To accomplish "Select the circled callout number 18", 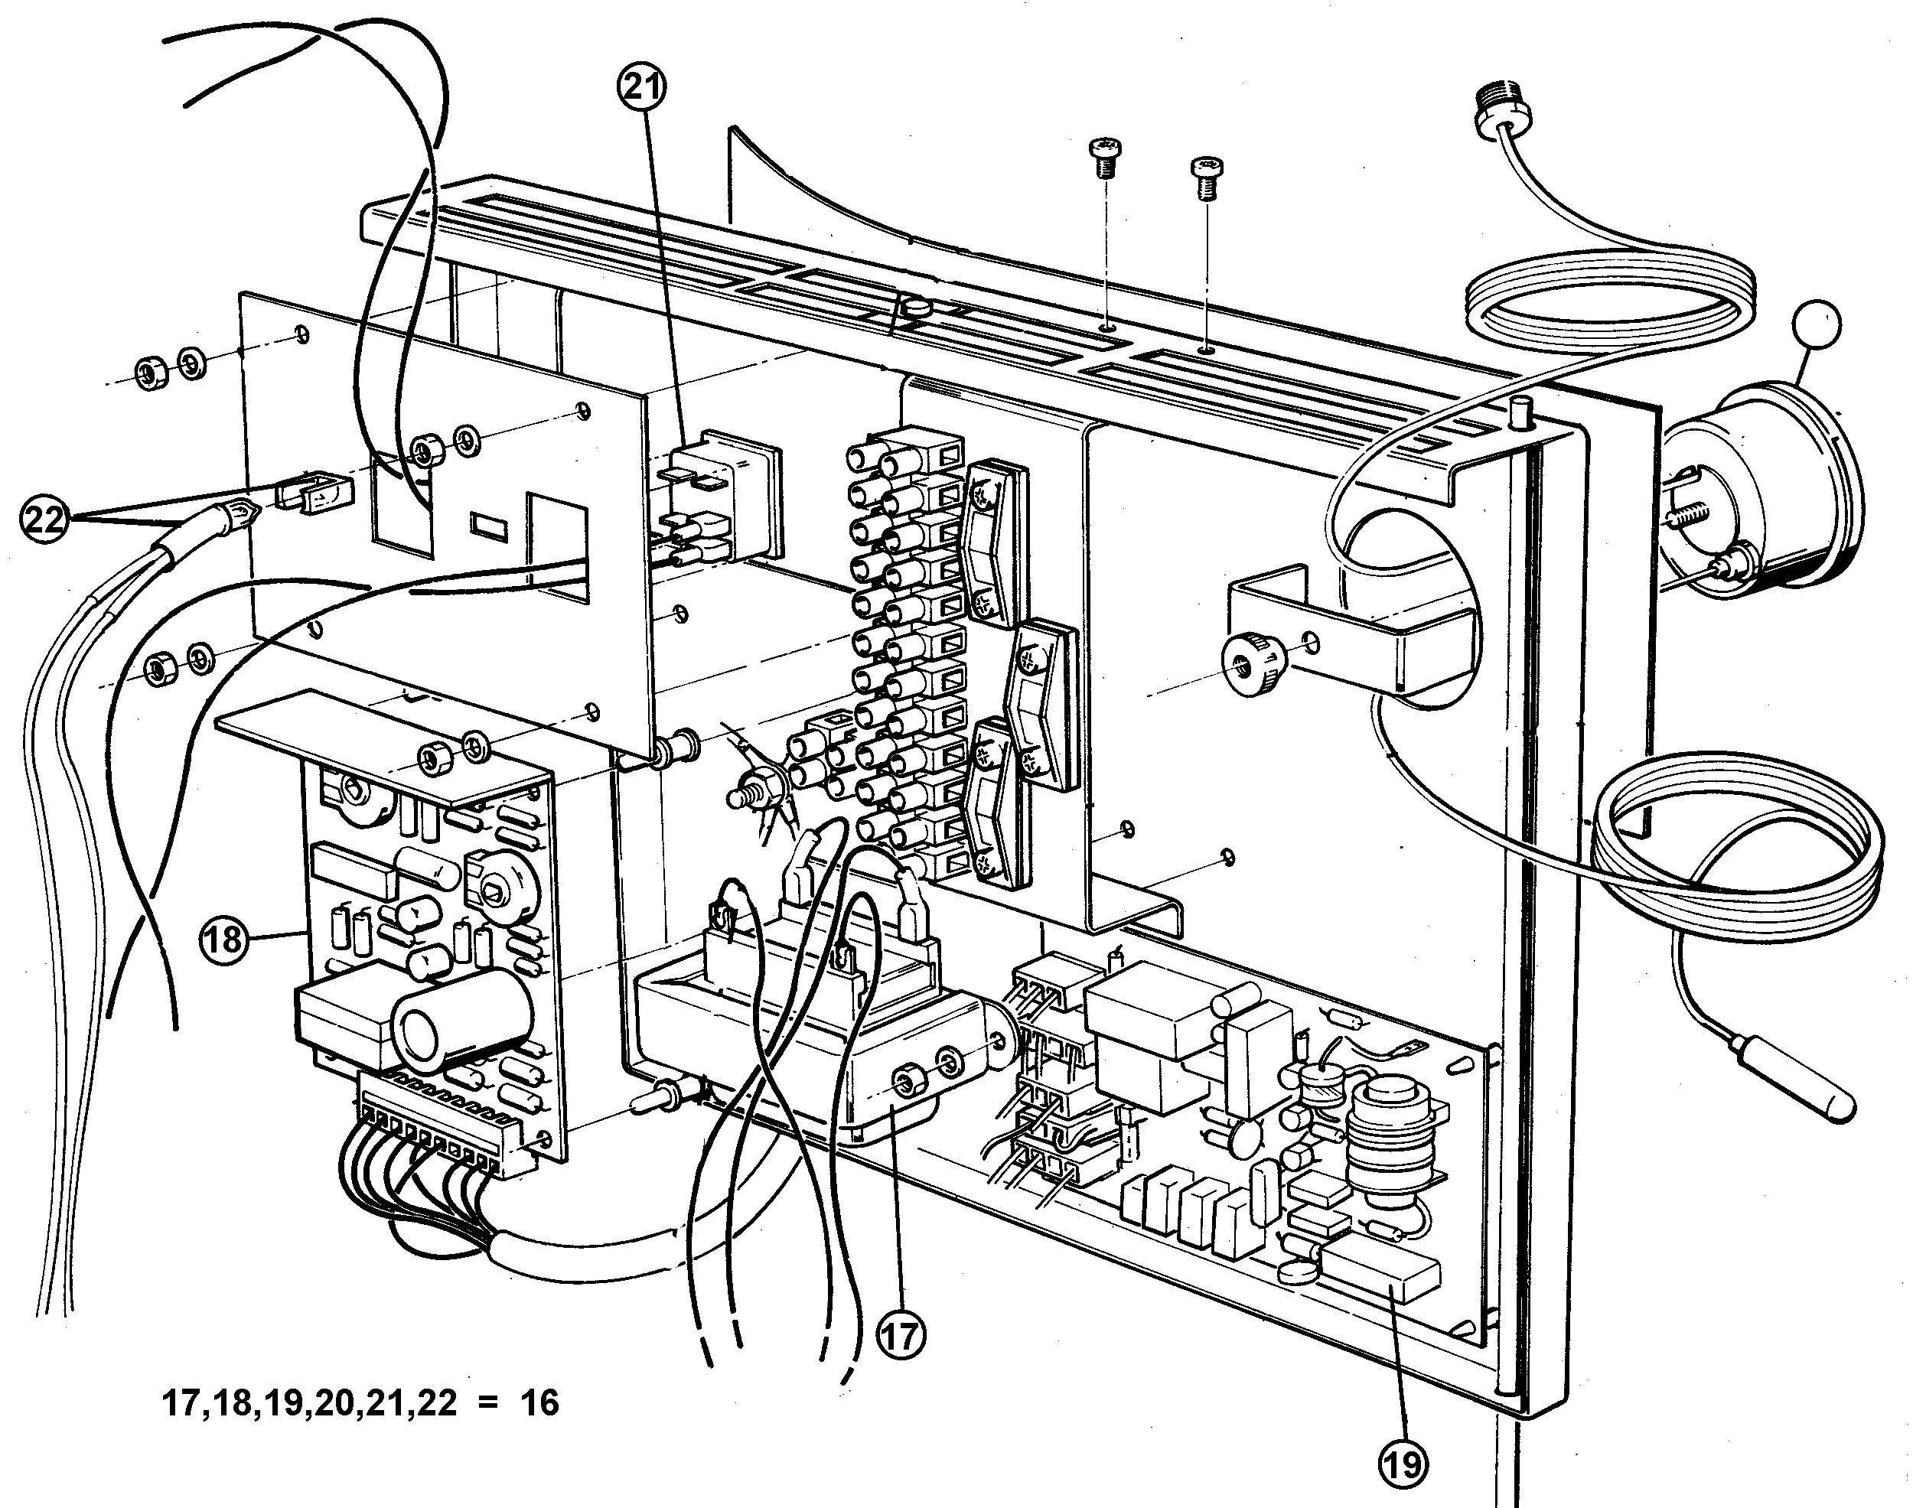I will (224, 938).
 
